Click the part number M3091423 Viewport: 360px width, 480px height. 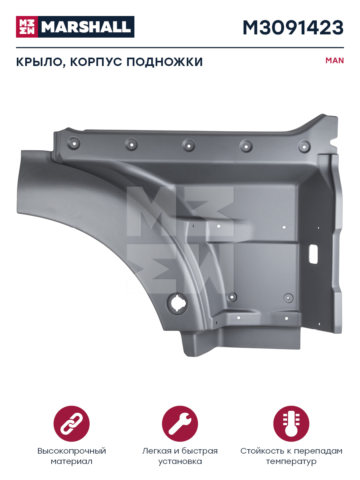click(x=293, y=28)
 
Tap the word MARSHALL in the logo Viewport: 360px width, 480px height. click(x=86, y=27)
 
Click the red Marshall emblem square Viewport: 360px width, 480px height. click(x=27, y=27)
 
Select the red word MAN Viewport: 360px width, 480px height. click(x=334, y=60)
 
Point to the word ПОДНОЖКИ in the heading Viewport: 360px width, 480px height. click(x=164, y=62)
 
